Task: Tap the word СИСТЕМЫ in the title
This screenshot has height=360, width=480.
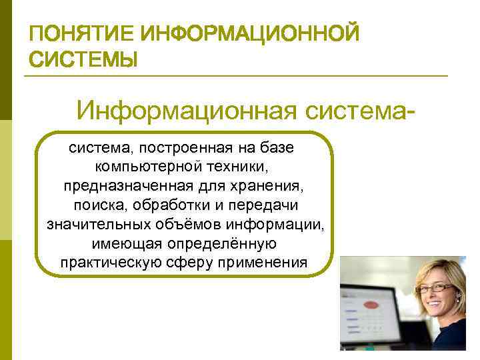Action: pos(84,61)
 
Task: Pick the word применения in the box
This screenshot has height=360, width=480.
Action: pos(265,262)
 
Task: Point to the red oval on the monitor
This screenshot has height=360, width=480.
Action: pos(369,305)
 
